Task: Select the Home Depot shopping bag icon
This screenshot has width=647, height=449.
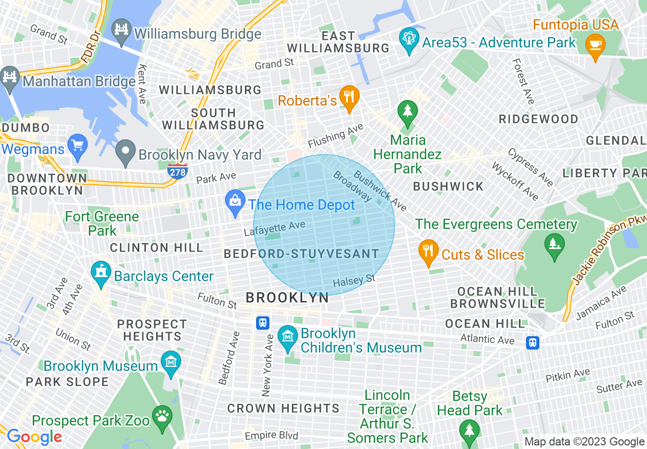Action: coord(235,203)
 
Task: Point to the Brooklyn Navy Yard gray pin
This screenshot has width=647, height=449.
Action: coord(126,153)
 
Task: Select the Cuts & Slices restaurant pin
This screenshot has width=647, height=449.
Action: coord(428,252)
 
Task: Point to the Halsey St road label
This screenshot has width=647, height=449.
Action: coord(354,281)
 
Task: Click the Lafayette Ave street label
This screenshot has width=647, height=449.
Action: coord(275,228)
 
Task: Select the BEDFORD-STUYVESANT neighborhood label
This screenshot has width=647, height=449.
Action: coord(301,254)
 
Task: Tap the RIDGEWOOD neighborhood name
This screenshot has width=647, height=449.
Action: coord(538,119)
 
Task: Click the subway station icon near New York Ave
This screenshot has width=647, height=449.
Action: coord(263,322)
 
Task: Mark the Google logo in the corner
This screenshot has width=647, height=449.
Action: coord(34,437)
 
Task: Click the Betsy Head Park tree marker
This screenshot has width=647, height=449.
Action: coord(469,430)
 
